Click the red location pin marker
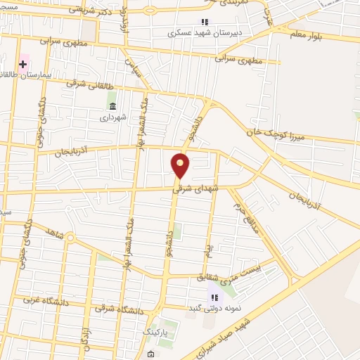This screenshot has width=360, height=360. [181, 166]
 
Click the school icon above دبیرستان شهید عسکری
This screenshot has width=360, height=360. [205, 22]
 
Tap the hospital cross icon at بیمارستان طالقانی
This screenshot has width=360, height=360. [23, 64]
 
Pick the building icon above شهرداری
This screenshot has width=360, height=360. [112, 106]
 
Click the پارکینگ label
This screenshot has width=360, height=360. [156, 330]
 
